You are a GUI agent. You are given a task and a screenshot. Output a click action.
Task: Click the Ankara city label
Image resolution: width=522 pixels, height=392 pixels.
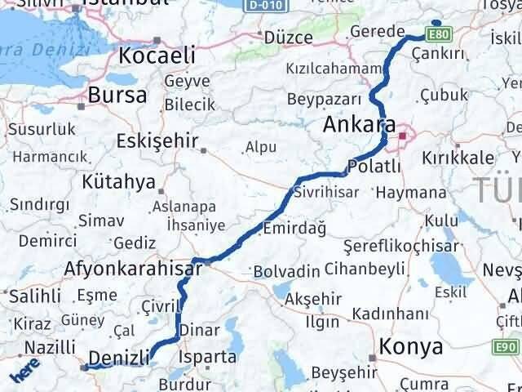[359, 125]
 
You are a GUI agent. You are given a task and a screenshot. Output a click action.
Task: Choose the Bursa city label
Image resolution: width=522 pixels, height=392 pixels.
[119, 95]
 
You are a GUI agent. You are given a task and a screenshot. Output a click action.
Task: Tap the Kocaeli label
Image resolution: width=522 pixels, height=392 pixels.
[157, 55]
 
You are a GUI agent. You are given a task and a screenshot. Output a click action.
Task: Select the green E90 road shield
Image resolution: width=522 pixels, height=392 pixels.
[506, 348]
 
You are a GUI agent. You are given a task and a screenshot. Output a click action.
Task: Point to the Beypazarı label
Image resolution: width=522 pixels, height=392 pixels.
[323, 98]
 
